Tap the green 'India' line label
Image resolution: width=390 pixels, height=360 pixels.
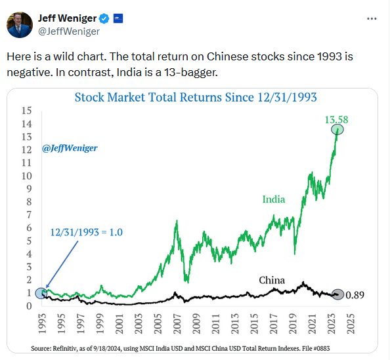point(274,199)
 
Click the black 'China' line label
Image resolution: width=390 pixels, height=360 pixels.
point(271,280)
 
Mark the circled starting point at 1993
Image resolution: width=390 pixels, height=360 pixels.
point(41,293)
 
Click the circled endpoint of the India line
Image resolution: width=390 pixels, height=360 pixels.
point(337,130)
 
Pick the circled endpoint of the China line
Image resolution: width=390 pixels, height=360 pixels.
point(337,294)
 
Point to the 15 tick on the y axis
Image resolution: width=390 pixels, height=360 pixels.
point(27,110)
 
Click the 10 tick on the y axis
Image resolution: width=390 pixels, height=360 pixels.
point(27,176)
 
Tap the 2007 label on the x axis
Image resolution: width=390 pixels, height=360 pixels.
point(176,323)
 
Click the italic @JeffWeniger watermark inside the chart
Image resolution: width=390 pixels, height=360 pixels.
point(70,148)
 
